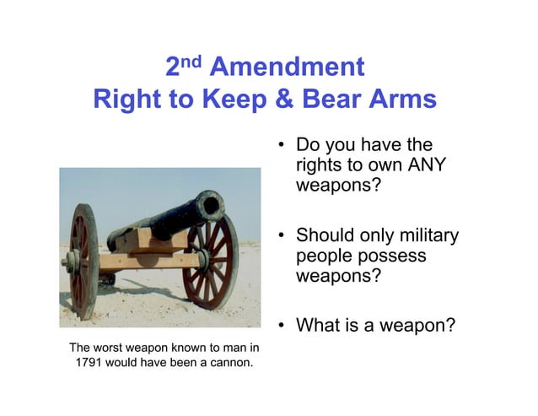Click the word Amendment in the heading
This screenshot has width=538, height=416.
286,67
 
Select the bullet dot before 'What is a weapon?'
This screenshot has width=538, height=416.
281,322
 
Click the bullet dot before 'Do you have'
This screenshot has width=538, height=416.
281,146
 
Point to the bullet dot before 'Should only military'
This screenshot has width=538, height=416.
281,235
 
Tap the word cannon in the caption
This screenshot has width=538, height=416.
232,364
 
